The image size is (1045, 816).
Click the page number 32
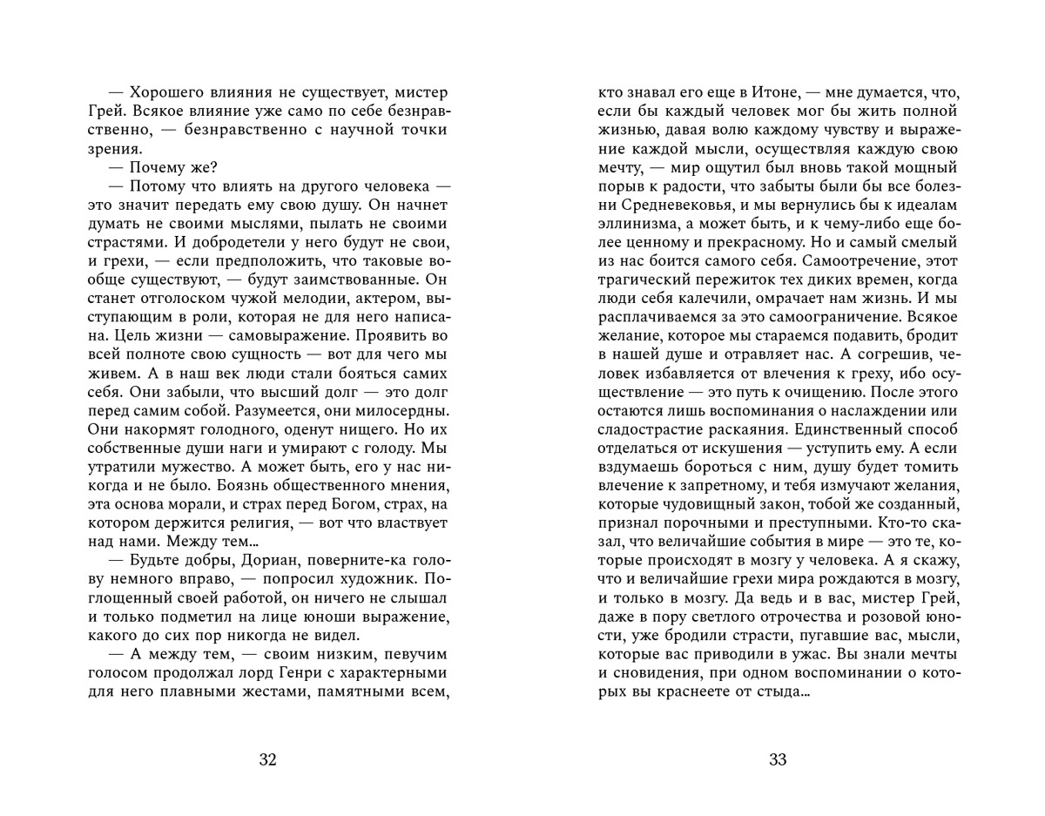point(267,759)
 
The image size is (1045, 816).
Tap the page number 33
point(778,759)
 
